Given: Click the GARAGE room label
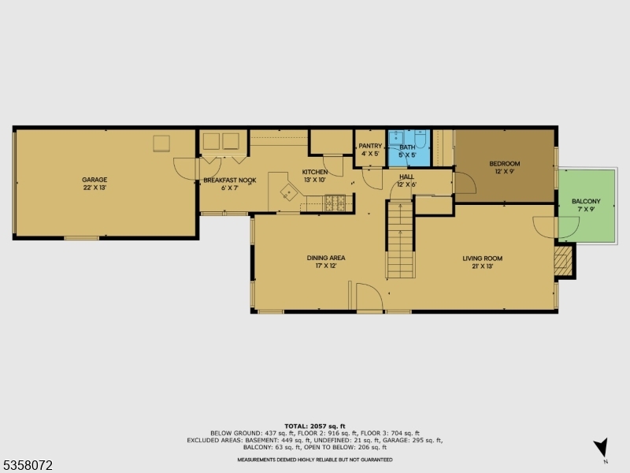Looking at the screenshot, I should pyautogui.click(x=95, y=180).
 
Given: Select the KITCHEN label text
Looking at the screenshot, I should pyautogui.click(x=315, y=172).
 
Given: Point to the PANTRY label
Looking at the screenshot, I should pyautogui.click(x=370, y=147).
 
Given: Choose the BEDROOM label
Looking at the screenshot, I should pyautogui.click(x=505, y=164).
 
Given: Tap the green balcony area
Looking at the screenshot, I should pyautogui.click(x=585, y=207).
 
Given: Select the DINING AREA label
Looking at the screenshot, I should pyautogui.click(x=326, y=258).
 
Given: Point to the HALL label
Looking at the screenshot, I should pyautogui.click(x=406, y=177).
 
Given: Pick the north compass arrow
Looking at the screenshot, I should pyautogui.click(x=602, y=446).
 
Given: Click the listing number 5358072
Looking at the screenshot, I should pyautogui.click(x=28, y=466).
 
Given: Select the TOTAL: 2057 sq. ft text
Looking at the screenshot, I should pyautogui.click(x=314, y=426).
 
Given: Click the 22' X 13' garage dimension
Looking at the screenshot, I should pyautogui.click(x=95, y=188).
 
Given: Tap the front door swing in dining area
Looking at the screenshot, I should pyautogui.click(x=369, y=297).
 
